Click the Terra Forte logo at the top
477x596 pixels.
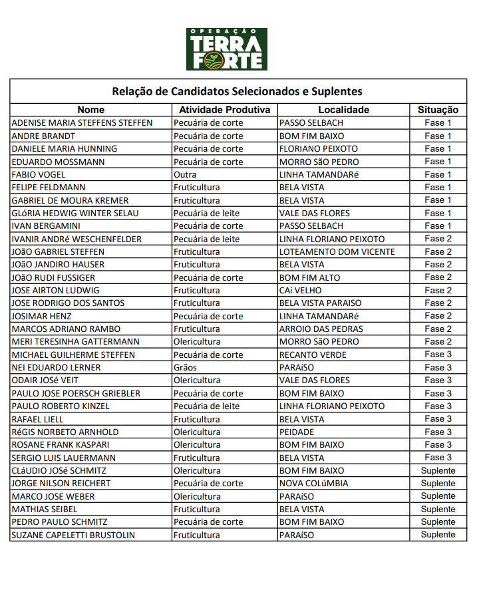pos(227,49)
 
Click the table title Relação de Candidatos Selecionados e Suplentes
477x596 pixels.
pos(237,91)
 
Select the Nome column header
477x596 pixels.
pos(90,110)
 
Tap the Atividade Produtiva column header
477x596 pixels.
pos(224,110)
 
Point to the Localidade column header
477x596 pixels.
pos(343,110)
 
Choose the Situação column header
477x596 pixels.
pos(438,110)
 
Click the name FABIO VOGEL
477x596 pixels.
pos(39,174)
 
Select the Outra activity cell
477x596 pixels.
pos(185,174)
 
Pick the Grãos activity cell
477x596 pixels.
pos(186,367)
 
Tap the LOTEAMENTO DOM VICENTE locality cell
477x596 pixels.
pos(337,251)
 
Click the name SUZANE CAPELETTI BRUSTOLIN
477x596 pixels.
pos(73,535)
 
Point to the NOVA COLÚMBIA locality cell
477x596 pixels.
pos(313,483)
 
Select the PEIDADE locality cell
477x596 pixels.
pos(297,432)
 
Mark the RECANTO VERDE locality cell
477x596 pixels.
pos(313,355)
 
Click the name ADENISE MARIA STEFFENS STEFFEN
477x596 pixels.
pos(82,122)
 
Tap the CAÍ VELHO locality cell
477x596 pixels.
pos(300,290)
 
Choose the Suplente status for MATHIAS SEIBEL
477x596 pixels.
pos(438,509)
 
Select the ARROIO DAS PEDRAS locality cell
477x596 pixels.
pos(321,329)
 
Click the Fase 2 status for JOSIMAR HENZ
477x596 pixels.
pos(438,316)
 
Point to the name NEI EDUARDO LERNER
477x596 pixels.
pos(57,367)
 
